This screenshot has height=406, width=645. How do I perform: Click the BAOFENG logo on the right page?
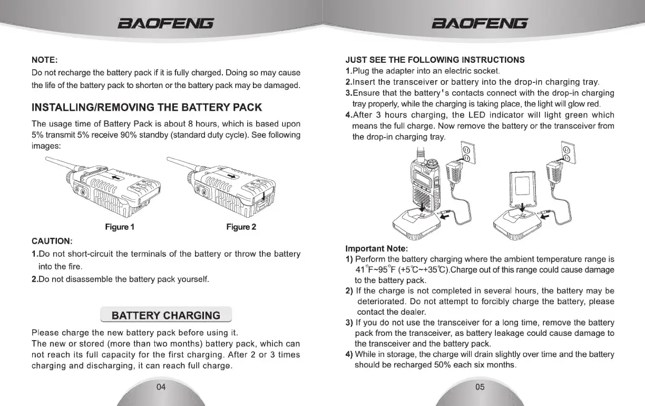(x=480, y=23)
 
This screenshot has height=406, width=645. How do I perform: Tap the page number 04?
(x=161, y=387)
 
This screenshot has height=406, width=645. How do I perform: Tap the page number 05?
(x=480, y=387)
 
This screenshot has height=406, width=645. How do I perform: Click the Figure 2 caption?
(x=241, y=227)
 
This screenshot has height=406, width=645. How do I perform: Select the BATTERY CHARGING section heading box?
(x=166, y=315)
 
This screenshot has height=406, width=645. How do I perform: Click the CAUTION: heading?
(x=52, y=241)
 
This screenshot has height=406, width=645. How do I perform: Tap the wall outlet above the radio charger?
(x=466, y=153)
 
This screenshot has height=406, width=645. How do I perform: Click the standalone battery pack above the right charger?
(x=524, y=186)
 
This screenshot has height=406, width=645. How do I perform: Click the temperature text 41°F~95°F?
(x=375, y=269)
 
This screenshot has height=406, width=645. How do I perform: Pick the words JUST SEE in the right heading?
(x=365, y=60)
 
